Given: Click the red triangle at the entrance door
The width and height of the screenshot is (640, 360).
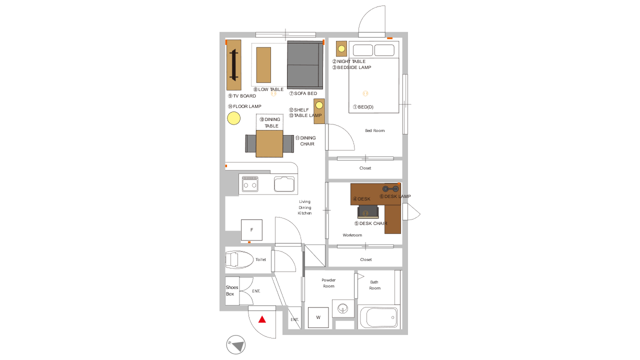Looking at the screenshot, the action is (x=262, y=319).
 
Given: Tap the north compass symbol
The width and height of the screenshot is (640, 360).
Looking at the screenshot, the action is (x=235, y=344).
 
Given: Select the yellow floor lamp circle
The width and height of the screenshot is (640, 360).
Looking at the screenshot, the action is (x=233, y=118).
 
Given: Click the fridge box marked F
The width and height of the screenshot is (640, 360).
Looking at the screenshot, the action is (x=251, y=230).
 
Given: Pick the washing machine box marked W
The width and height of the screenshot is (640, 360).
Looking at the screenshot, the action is (x=318, y=317).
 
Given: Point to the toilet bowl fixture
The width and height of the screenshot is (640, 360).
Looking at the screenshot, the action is (x=239, y=259).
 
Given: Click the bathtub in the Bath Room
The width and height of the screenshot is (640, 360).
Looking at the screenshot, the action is (x=379, y=317).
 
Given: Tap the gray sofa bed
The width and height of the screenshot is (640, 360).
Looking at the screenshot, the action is (x=305, y=65).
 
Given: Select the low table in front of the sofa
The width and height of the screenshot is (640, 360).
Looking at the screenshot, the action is (x=263, y=65).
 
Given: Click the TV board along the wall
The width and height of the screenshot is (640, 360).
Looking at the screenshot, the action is (x=233, y=65).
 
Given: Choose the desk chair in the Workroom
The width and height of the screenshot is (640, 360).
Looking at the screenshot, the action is (x=368, y=211).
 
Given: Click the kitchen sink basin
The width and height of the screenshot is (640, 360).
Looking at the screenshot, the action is (x=284, y=184).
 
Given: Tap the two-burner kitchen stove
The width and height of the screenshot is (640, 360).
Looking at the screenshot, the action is (x=250, y=184).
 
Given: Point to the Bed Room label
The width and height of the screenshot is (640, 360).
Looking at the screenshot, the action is (x=375, y=130).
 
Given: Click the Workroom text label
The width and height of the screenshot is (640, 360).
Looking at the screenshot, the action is (x=352, y=235).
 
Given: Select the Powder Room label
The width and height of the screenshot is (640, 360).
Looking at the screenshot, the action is (x=328, y=283).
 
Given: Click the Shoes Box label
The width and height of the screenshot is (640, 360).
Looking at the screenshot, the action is (x=231, y=290).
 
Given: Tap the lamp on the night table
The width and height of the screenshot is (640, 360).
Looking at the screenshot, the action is (x=341, y=49).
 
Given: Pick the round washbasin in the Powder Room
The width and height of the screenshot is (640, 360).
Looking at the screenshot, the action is (x=342, y=308).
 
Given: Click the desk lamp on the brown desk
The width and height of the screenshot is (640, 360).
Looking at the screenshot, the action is (x=390, y=188).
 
